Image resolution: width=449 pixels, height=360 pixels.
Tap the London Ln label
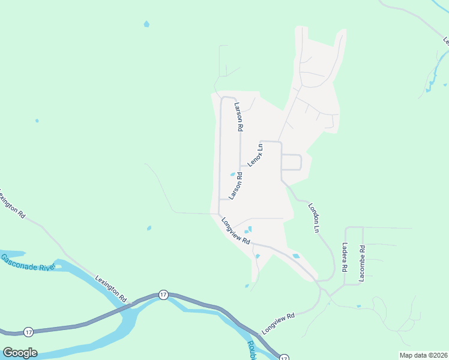point(313,217)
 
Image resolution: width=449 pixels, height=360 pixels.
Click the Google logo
point(20,353)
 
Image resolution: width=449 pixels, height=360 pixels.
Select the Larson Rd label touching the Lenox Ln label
point(235,186)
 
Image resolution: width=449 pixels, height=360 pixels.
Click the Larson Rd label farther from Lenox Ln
point(239,116)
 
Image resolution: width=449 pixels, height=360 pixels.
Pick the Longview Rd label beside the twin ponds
point(235,230)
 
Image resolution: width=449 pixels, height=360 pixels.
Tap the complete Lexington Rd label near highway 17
point(110,289)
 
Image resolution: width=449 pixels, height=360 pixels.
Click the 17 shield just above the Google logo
point(28,332)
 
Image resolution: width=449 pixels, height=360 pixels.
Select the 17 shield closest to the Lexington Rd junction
point(163,295)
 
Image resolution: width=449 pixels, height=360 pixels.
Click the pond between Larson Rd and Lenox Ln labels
point(232,175)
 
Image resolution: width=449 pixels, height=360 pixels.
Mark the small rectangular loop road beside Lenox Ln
point(291,162)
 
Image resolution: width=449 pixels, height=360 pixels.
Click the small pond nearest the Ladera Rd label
point(358,307)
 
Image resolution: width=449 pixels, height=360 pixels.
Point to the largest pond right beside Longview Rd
point(296,256)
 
